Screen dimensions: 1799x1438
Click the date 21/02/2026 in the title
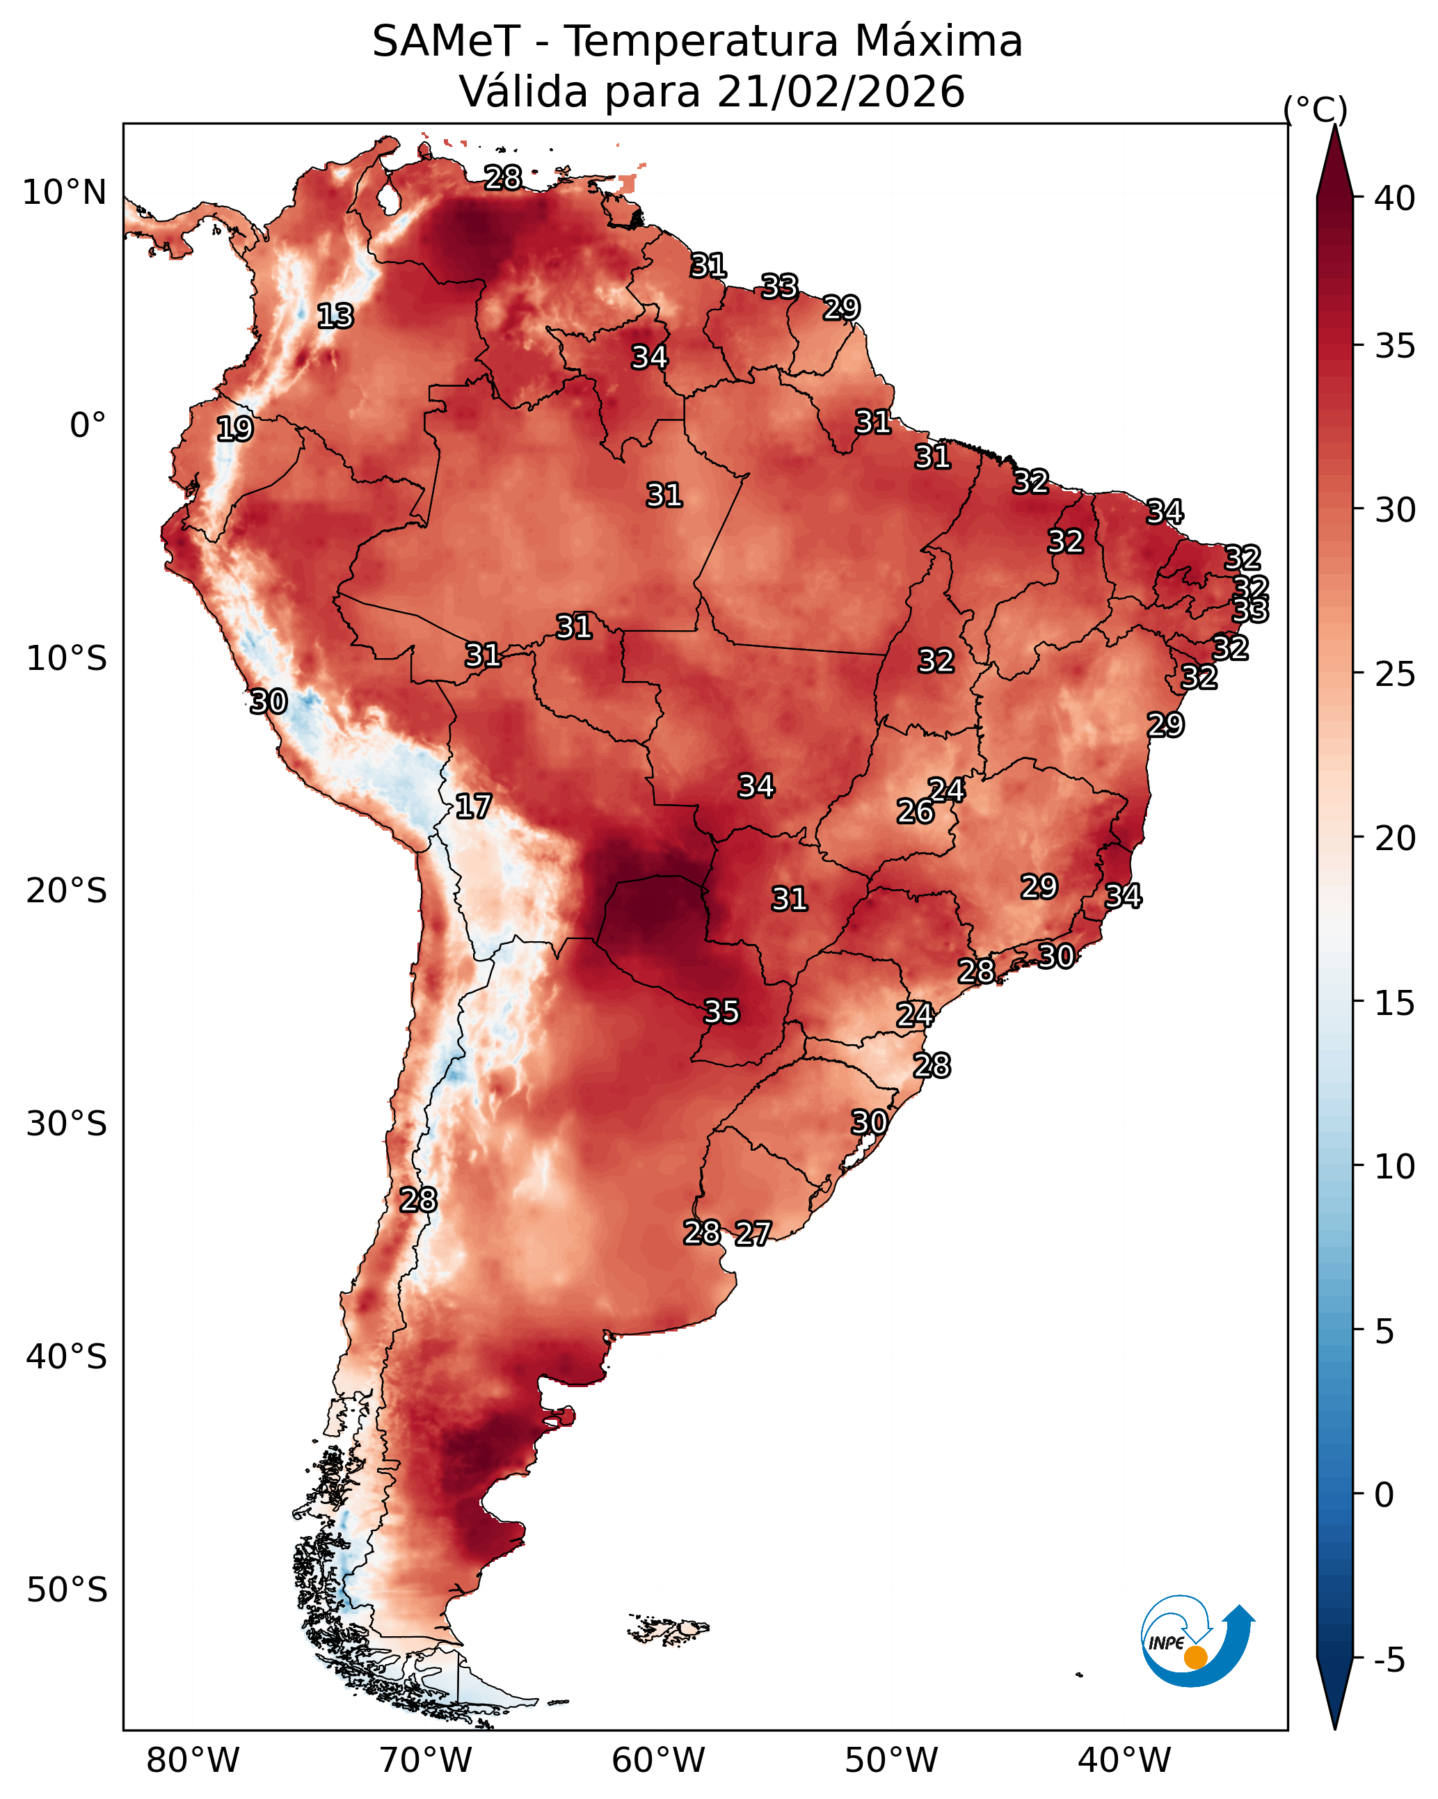point(840,92)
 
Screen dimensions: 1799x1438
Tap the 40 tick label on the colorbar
point(1395,198)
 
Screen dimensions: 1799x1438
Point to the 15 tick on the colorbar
point(1395,1002)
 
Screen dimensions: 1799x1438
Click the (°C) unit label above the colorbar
point(1316,109)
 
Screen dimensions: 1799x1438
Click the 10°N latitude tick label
point(64,193)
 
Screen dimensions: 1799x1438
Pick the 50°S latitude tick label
point(67,1590)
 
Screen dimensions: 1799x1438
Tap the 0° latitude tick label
point(88,426)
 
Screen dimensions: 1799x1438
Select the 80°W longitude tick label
point(193,1761)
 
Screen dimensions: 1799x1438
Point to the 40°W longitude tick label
point(1124,1761)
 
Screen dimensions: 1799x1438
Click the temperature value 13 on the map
point(335,317)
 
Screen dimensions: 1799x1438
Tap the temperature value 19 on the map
point(234,429)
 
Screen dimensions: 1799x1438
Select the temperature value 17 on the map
point(473,806)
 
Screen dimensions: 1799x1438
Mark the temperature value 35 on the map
point(721,1012)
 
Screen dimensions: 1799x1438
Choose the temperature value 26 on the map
point(916,811)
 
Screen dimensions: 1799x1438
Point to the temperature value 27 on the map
point(753,1233)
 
